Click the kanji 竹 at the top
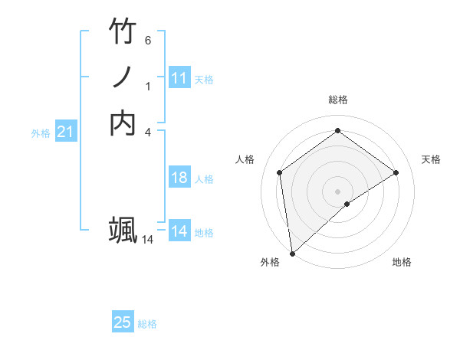(x=123, y=32)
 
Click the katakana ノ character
(x=123, y=77)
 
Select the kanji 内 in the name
(x=123, y=123)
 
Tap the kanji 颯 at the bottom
(x=123, y=231)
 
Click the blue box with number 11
(x=179, y=78)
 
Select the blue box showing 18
(x=179, y=178)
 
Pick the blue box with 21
(x=66, y=132)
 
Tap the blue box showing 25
(x=123, y=322)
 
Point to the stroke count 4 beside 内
(x=148, y=132)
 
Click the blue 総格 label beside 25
(x=147, y=324)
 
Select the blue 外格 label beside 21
(x=41, y=133)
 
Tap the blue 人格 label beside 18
(x=204, y=179)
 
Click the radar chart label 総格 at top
(x=337, y=100)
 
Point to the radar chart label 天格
(x=432, y=159)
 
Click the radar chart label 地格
(x=402, y=262)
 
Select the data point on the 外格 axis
(x=292, y=253)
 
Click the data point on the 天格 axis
(x=396, y=172)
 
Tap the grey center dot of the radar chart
(x=337, y=191)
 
